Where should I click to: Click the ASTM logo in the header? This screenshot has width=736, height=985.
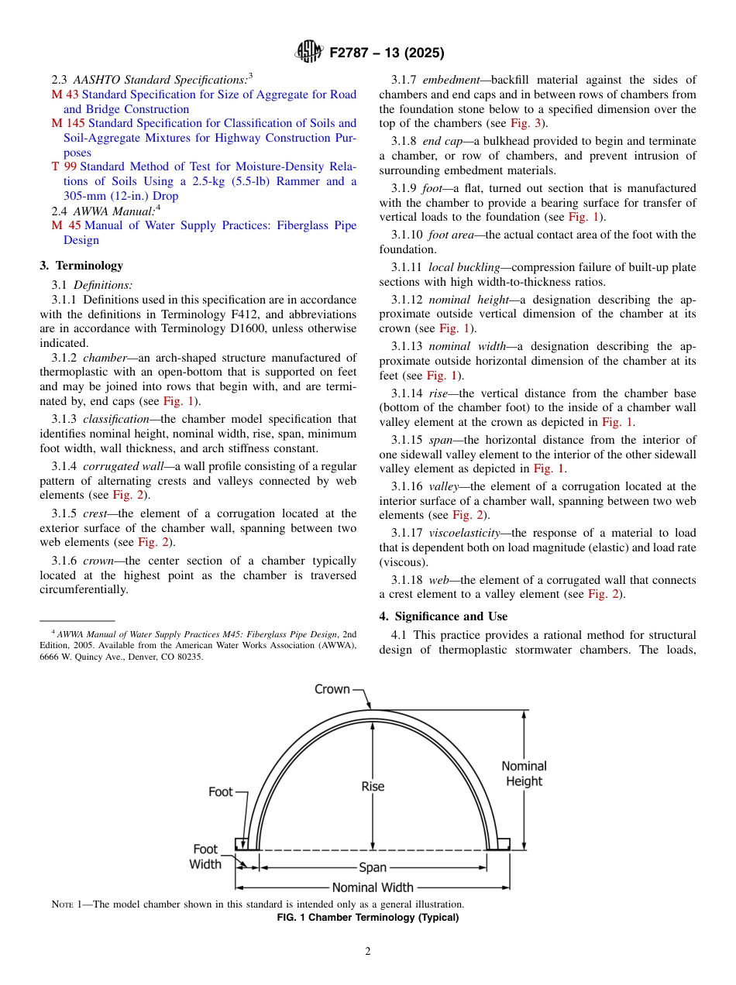[x=310, y=53]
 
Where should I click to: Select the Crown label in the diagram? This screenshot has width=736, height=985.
[x=332, y=688]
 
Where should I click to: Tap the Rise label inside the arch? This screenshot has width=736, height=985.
[x=373, y=786]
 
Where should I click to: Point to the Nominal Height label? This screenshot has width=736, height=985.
[x=524, y=774]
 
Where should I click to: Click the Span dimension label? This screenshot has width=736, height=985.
[x=373, y=868]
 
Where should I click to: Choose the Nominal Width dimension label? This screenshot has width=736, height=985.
[x=373, y=887]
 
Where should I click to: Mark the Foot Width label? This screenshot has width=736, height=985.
[x=205, y=856]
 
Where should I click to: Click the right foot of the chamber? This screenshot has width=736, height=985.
[x=503, y=843]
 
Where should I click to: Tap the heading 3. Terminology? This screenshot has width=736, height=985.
[x=81, y=266]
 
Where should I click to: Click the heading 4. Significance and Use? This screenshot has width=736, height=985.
[x=443, y=616]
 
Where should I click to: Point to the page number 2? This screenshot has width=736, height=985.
[x=368, y=952]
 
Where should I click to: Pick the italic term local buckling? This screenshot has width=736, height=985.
[x=463, y=267]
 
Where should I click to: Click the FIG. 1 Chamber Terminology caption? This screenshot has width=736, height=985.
[x=368, y=918]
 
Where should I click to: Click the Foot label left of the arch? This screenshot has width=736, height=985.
[x=221, y=791]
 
